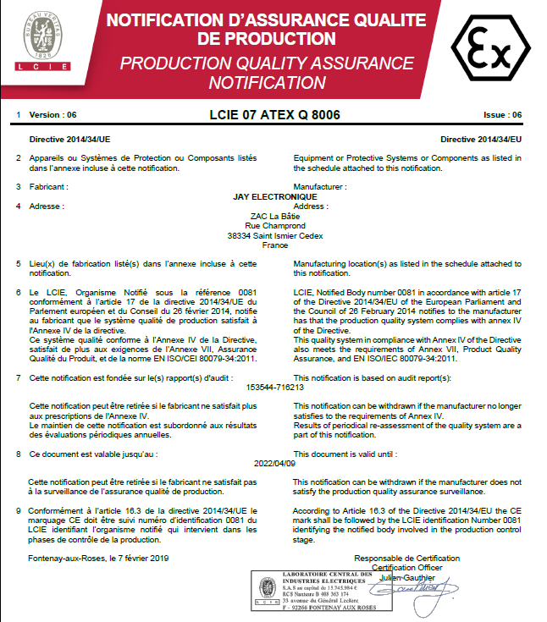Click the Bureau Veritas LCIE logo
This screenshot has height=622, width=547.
click(42, 40)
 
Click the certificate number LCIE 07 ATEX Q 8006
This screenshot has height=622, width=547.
click(274, 113)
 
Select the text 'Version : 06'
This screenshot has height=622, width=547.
click(52, 114)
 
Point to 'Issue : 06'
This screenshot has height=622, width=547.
click(502, 114)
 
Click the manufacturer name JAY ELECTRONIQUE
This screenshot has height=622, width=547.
click(274, 196)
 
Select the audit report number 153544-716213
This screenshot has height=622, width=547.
click(274, 387)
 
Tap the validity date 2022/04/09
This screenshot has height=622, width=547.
click(274, 464)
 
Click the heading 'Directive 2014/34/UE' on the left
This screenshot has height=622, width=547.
click(69, 137)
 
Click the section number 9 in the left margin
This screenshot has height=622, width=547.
click(19, 511)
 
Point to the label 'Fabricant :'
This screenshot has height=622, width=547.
click(48, 186)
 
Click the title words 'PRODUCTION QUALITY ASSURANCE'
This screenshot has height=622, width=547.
click(267, 63)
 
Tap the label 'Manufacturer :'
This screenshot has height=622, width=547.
click(319, 186)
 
